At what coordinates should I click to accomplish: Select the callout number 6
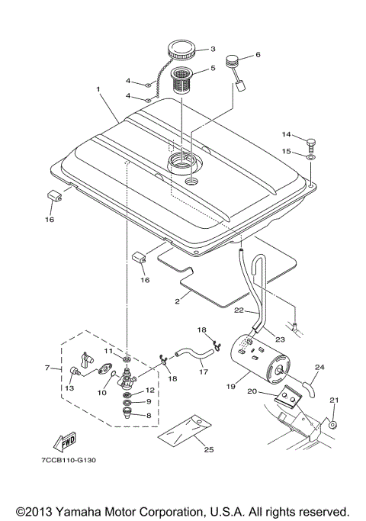[258, 55]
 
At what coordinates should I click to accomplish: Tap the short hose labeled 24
[312, 385]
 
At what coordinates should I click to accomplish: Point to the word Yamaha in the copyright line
[84, 511]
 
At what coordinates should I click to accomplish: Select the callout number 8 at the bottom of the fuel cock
[149, 415]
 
